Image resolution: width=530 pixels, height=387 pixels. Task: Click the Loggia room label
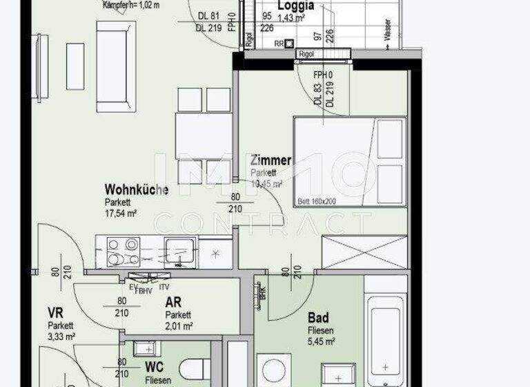pyautogui.click(x=295, y=6)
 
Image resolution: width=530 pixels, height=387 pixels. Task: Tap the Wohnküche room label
pyautogui.click(x=136, y=189)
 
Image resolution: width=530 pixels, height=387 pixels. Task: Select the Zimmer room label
pyautogui.click(x=271, y=160)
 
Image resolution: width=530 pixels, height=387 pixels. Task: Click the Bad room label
pyautogui.click(x=318, y=318)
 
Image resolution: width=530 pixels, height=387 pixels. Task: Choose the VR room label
pyautogui.click(x=55, y=313)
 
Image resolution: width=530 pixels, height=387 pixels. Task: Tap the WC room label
pyautogui.click(x=154, y=367)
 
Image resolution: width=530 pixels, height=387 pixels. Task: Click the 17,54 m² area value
pyautogui.click(x=121, y=214)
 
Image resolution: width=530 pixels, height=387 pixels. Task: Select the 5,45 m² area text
pyautogui.click(x=322, y=341)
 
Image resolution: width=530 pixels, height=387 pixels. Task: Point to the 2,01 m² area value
pyautogui.click(x=179, y=325)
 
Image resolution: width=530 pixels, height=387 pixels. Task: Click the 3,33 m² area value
pyautogui.click(x=61, y=337)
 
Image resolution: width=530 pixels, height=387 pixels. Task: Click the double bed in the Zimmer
pyautogui.click(x=349, y=162)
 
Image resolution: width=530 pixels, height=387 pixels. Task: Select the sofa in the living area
pyautogui.click(x=116, y=66)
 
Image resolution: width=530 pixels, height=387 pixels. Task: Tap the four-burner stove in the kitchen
pyautogui.click(x=124, y=252)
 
